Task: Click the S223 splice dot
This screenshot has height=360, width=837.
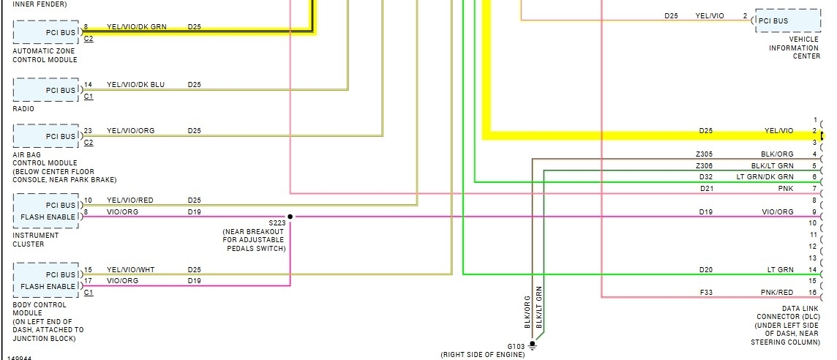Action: pyautogui.click(x=290, y=217)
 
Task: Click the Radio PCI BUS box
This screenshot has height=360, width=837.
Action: pyautogui.click(x=45, y=90)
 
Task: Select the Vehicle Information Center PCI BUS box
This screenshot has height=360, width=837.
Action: pyautogui.click(x=788, y=20)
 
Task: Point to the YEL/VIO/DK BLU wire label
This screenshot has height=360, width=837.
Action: pyautogui.click(x=135, y=85)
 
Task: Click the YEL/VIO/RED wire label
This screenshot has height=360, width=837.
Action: pyautogui.click(x=130, y=200)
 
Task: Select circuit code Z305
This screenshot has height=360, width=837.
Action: pyautogui.click(x=704, y=154)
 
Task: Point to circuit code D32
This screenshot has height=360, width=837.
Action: pyautogui.click(x=705, y=177)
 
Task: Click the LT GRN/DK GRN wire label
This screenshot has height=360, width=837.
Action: pyautogui.click(x=765, y=177)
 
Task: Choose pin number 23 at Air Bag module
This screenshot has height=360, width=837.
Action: pyautogui.click(x=88, y=131)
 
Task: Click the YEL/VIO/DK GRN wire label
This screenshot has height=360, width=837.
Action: pyautogui.click(x=136, y=26)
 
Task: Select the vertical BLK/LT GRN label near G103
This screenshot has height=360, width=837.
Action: pyautogui.click(x=538, y=307)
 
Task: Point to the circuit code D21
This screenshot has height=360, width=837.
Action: pyautogui.click(x=705, y=189)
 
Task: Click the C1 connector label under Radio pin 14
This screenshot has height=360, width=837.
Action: pyautogui.click(x=89, y=96)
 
